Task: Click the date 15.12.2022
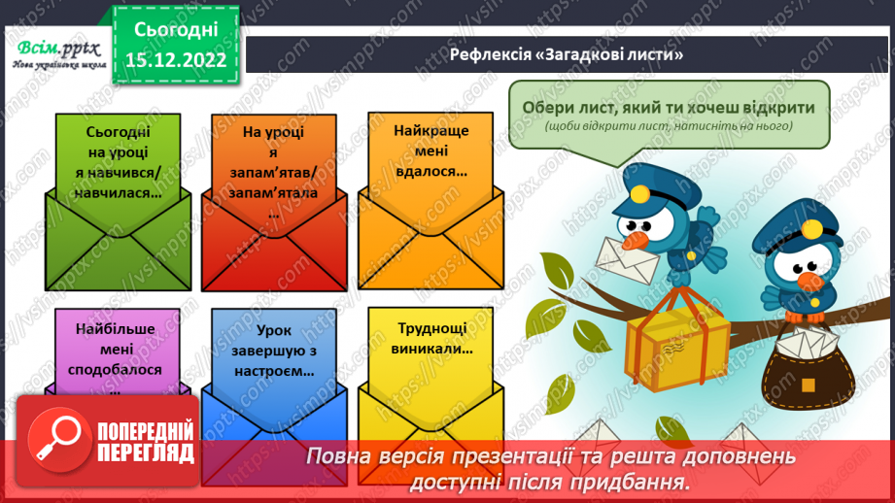click(176, 60)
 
